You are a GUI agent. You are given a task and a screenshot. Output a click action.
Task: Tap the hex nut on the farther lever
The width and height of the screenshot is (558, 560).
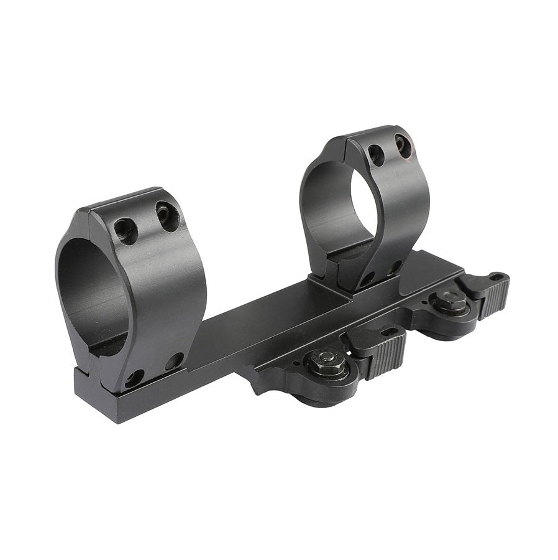451,302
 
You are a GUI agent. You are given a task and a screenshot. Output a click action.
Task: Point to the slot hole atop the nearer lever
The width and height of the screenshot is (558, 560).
390,331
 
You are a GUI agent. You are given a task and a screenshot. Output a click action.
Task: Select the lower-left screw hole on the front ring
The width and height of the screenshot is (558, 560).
134,377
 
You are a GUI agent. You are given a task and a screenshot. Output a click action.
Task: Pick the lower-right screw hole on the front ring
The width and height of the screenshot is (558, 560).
175,360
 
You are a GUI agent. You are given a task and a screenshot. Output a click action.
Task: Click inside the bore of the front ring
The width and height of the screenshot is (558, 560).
93,292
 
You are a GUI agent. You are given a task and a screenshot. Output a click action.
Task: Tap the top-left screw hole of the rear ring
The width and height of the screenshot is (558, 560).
375,154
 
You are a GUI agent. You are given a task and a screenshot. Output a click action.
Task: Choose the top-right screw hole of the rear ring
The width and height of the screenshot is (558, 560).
401,144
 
